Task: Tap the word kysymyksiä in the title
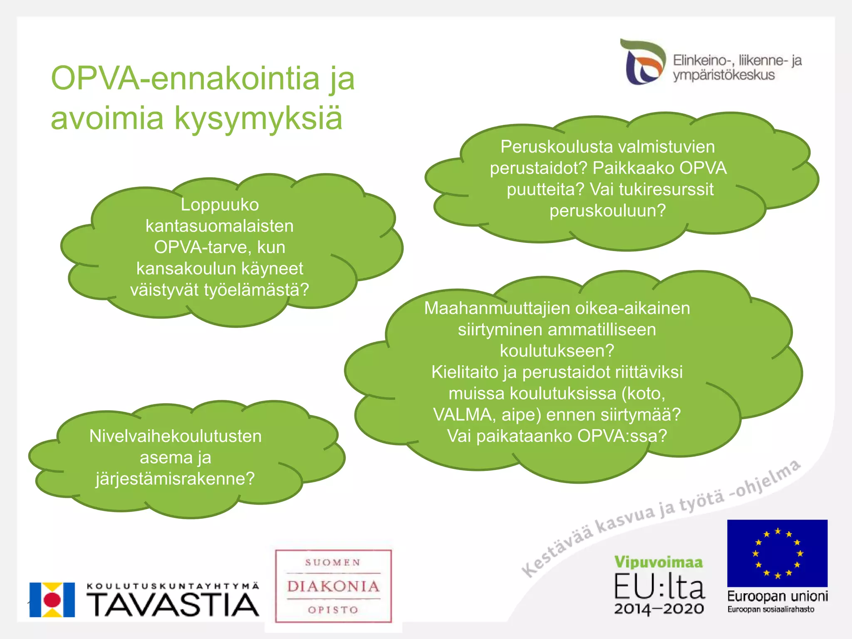point(258,118)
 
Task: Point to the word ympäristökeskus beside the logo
point(724,75)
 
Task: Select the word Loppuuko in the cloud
point(220,205)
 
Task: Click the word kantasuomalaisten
point(220,226)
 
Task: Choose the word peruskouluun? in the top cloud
point(607,211)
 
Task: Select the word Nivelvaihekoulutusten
point(176,436)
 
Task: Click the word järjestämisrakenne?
point(175,479)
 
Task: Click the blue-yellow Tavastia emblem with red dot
point(52,599)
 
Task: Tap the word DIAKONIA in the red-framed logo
point(333,587)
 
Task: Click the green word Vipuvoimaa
point(659,562)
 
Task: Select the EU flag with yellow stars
point(777,553)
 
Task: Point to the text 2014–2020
point(659,609)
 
